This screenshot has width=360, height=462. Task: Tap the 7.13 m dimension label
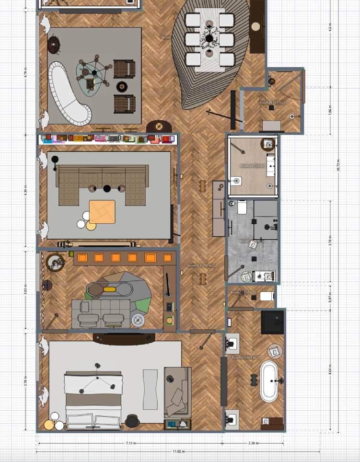click(x=130, y=443)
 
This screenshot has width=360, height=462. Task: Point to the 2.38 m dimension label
click(x=253, y=443)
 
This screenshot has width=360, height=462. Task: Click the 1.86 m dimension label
click(x=330, y=110)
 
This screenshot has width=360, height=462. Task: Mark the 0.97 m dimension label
click(x=330, y=298)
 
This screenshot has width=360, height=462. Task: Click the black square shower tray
click(x=272, y=322)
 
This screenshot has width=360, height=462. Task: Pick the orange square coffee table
click(x=102, y=212)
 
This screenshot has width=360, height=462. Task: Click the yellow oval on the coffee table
click(x=109, y=289)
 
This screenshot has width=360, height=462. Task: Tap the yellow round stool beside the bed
click(x=49, y=424)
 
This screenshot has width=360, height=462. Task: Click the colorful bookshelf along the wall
click(x=108, y=139)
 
